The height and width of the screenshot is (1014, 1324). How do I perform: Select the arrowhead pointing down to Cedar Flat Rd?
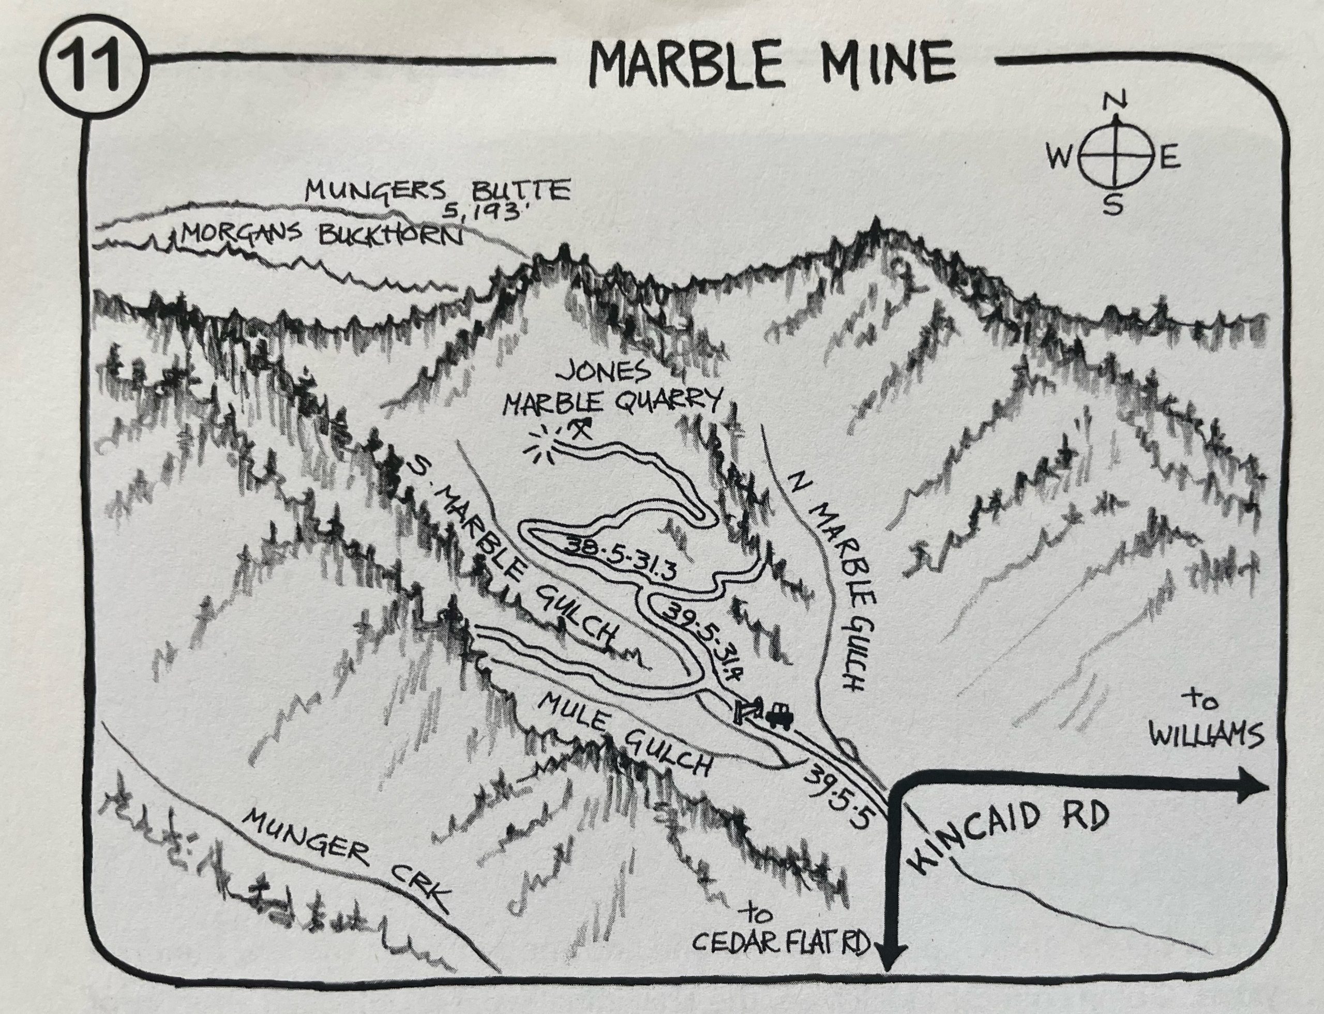click(891, 975)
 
